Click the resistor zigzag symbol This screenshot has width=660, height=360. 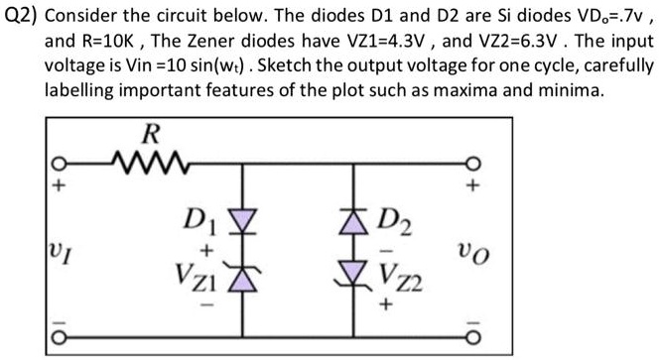click(148, 160)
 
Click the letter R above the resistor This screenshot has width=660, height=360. click(150, 133)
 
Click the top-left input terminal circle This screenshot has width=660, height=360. click(59, 162)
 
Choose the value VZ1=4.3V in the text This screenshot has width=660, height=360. click(426, 43)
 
